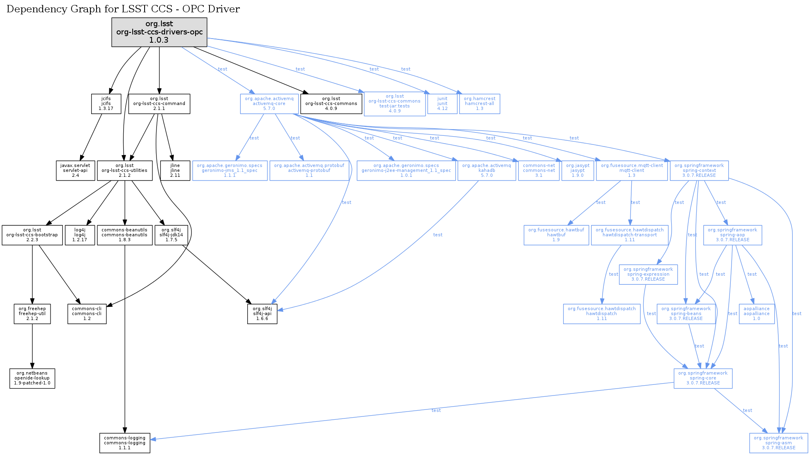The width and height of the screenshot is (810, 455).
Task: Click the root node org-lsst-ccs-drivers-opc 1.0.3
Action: (159, 32)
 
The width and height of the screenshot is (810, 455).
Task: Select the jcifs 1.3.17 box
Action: (106, 104)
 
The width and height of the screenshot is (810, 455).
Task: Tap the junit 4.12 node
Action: (442, 104)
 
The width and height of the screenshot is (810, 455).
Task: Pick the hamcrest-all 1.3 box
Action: (479, 104)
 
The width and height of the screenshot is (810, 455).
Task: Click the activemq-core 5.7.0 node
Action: (269, 104)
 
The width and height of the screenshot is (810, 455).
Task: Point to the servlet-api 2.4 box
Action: (75, 171)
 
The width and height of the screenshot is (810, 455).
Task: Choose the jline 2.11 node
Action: (175, 171)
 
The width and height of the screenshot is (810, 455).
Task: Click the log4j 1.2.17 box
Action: (80, 235)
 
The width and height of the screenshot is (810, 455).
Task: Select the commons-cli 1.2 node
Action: (87, 314)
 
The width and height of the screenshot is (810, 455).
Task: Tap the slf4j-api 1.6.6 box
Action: (262, 314)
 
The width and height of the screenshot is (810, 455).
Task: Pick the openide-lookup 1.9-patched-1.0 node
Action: (32, 378)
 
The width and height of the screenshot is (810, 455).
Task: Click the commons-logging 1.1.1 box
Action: (124, 443)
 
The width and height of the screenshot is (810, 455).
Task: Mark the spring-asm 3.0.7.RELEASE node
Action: (778, 443)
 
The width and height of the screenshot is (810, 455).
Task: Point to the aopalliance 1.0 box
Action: (756, 314)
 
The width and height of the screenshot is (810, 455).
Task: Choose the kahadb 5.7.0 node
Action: (486, 171)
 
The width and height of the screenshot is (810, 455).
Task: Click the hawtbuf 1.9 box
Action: (556, 235)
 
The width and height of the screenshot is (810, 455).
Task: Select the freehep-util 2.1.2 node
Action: (32, 314)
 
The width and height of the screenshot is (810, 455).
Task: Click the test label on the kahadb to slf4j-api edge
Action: (437, 235)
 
